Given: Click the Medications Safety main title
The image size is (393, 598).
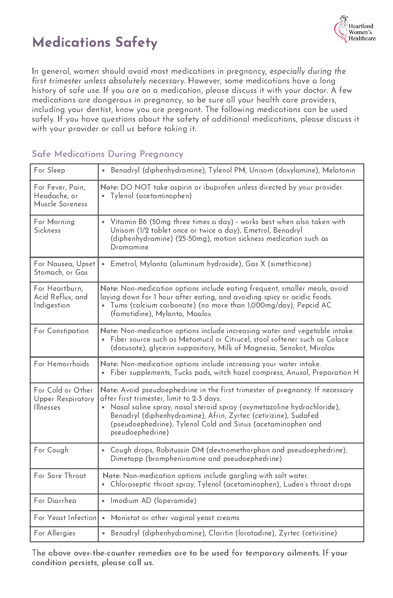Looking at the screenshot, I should coord(95,42).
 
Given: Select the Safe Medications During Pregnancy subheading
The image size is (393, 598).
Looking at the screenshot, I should coord(107,154).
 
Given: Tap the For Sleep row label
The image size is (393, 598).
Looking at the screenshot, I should coord(50,170).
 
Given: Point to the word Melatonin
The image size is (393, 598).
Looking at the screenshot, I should coord(338,170).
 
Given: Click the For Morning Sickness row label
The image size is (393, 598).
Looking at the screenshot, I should coord(54,226).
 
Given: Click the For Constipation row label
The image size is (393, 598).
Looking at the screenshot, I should coord(61,331).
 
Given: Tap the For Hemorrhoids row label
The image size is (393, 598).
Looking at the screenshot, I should coord(62,364).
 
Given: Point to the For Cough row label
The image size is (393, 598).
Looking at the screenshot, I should coord(51,450).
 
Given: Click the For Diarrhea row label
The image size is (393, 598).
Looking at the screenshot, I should coord(55,501).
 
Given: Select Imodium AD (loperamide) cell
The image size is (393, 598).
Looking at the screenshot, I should coord(153,501).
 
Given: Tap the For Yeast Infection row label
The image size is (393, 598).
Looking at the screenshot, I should coord(65,518).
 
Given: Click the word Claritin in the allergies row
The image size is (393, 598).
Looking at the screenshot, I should coord(221,533).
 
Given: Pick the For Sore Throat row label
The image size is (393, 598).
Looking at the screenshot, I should coord(60,476).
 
